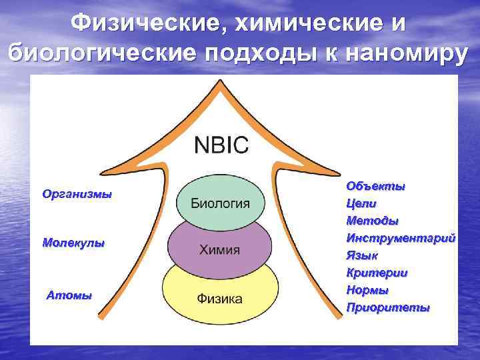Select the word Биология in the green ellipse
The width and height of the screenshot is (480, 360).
[221, 203]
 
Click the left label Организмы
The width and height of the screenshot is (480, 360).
[77, 195]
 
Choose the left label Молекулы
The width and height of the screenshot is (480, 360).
[73, 243]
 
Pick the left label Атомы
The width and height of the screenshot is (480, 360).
[69, 295]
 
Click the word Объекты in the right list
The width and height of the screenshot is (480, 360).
[375, 185]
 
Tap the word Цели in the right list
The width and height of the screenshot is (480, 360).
[361, 203]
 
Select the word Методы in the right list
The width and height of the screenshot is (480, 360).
[372, 220]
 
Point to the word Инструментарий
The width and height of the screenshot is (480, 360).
[401, 237]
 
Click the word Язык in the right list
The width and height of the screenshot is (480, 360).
[362, 255]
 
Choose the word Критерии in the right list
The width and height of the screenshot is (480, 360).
[377, 273]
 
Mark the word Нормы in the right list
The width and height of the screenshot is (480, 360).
[367, 290]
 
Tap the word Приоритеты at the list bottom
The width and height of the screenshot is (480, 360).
[388, 307]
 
